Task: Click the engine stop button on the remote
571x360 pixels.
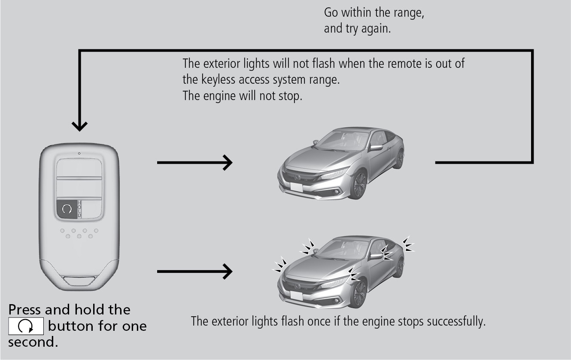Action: point(67,209)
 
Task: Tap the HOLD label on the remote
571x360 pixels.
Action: point(79,209)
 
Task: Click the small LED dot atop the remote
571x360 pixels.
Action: point(79,153)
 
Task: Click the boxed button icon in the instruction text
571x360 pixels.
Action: point(26,327)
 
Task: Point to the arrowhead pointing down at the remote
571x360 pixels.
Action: point(79,126)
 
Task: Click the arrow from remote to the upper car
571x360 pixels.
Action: point(195,163)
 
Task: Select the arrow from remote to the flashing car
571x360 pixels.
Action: point(195,271)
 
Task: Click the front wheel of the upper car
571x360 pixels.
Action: point(359,185)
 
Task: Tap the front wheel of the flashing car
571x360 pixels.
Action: point(359,293)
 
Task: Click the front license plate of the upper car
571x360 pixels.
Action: point(296,187)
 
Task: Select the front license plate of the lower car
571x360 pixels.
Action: point(296,296)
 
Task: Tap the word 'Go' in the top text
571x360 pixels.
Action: point(331,13)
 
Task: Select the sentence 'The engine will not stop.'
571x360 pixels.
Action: point(243,95)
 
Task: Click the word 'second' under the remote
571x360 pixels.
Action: point(31,343)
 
